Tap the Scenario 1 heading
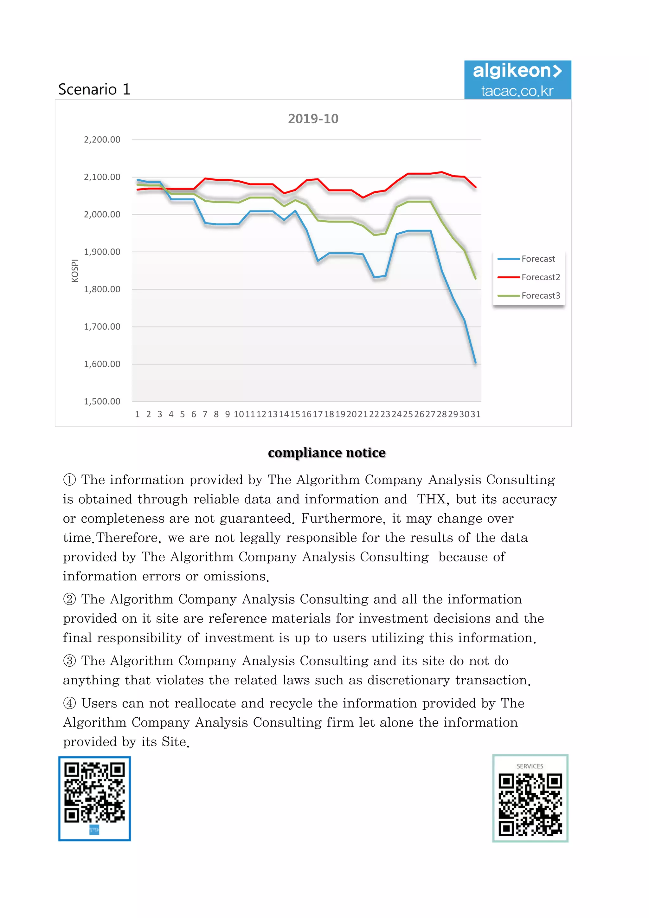pos(94,89)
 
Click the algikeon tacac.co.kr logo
pos(517,80)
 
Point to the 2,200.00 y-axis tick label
pos(102,139)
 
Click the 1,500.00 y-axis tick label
pos(102,401)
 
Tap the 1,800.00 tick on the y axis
pos(102,289)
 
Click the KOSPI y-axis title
pos(75,271)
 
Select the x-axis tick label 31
pos(475,414)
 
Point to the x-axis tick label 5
pos(182,414)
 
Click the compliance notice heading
pos(326,453)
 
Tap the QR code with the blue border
pos(95,798)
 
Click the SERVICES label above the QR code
pos(530,766)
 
